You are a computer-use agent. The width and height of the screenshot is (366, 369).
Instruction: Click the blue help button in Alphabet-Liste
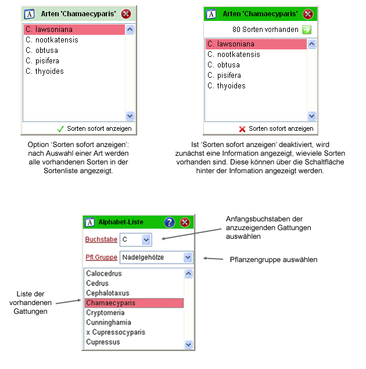(169, 222)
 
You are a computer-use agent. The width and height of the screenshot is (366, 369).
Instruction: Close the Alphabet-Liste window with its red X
(185, 222)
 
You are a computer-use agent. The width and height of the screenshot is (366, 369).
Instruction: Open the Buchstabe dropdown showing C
(146, 239)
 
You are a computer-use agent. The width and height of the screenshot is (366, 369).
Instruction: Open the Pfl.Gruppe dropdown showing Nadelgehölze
(187, 257)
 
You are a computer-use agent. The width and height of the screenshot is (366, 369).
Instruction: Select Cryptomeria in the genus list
(105, 313)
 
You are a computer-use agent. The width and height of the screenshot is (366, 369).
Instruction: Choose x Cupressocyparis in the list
(115, 332)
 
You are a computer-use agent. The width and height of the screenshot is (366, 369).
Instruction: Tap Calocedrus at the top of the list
(103, 273)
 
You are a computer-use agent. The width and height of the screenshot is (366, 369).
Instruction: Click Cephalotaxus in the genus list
(107, 293)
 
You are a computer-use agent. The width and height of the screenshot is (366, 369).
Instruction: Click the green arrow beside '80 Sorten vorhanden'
(307, 30)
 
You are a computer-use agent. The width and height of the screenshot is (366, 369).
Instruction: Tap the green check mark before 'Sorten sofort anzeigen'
(60, 128)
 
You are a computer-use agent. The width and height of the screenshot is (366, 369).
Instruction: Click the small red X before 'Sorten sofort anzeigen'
(242, 129)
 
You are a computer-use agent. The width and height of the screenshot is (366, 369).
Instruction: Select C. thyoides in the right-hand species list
(227, 86)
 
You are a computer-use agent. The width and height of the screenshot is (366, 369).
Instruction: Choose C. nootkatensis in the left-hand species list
(52, 40)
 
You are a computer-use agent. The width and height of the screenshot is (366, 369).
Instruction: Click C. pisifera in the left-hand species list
(42, 61)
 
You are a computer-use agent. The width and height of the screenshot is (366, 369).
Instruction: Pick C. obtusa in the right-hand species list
(224, 65)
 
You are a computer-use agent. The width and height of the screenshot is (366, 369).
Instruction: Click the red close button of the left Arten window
(126, 14)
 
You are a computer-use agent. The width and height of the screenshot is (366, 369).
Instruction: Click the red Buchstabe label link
(101, 239)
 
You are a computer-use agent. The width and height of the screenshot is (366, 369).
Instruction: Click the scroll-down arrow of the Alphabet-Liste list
(188, 345)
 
